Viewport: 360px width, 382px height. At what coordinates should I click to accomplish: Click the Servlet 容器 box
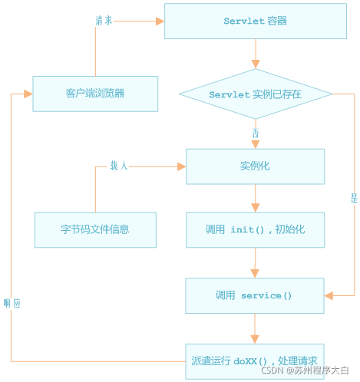tap(255, 21)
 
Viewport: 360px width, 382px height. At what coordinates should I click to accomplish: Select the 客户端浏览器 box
tap(95, 94)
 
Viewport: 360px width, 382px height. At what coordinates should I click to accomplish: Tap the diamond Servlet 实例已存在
tap(255, 94)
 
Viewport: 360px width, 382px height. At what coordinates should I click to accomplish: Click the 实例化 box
tap(255, 166)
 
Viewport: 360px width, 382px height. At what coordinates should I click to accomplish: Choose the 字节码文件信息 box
tap(95, 229)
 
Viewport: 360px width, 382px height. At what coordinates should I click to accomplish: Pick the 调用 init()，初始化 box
tap(255, 229)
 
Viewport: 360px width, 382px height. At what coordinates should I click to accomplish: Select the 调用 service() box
tap(255, 295)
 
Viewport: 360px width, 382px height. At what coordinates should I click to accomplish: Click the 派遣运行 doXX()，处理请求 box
tap(255, 360)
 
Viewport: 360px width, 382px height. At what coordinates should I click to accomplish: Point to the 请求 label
tap(104, 21)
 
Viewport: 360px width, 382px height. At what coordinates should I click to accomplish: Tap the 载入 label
tap(119, 166)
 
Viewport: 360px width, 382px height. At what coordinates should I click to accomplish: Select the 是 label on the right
tap(354, 198)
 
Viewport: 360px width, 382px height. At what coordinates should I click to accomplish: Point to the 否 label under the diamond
tap(255, 133)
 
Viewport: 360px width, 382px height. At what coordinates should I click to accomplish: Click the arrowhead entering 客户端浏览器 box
tap(28, 94)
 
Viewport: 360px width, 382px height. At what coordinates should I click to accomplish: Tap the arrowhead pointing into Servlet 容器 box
tap(160, 21)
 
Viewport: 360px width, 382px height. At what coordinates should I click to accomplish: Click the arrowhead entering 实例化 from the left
tap(181, 166)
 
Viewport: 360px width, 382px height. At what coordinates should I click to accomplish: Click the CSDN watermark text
tap(305, 370)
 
